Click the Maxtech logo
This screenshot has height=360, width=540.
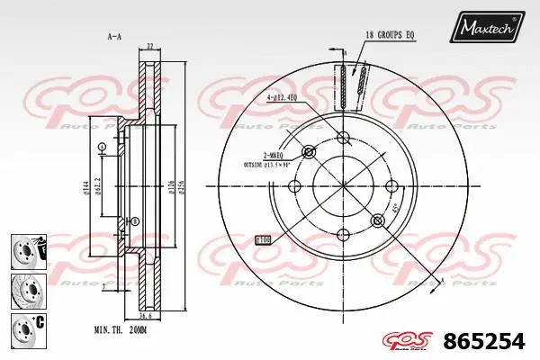point(488,29)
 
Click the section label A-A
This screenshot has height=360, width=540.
point(114,37)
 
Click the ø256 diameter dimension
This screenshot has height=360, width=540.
point(183,187)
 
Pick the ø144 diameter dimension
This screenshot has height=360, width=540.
point(85,187)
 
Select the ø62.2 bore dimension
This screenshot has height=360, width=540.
point(99,187)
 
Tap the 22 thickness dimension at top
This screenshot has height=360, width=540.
point(149,46)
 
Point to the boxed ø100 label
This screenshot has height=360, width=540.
point(264,240)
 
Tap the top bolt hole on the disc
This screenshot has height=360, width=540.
point(343,138)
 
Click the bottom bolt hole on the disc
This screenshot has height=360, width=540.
point(343,237)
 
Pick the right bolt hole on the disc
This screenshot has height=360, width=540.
point(392,187)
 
